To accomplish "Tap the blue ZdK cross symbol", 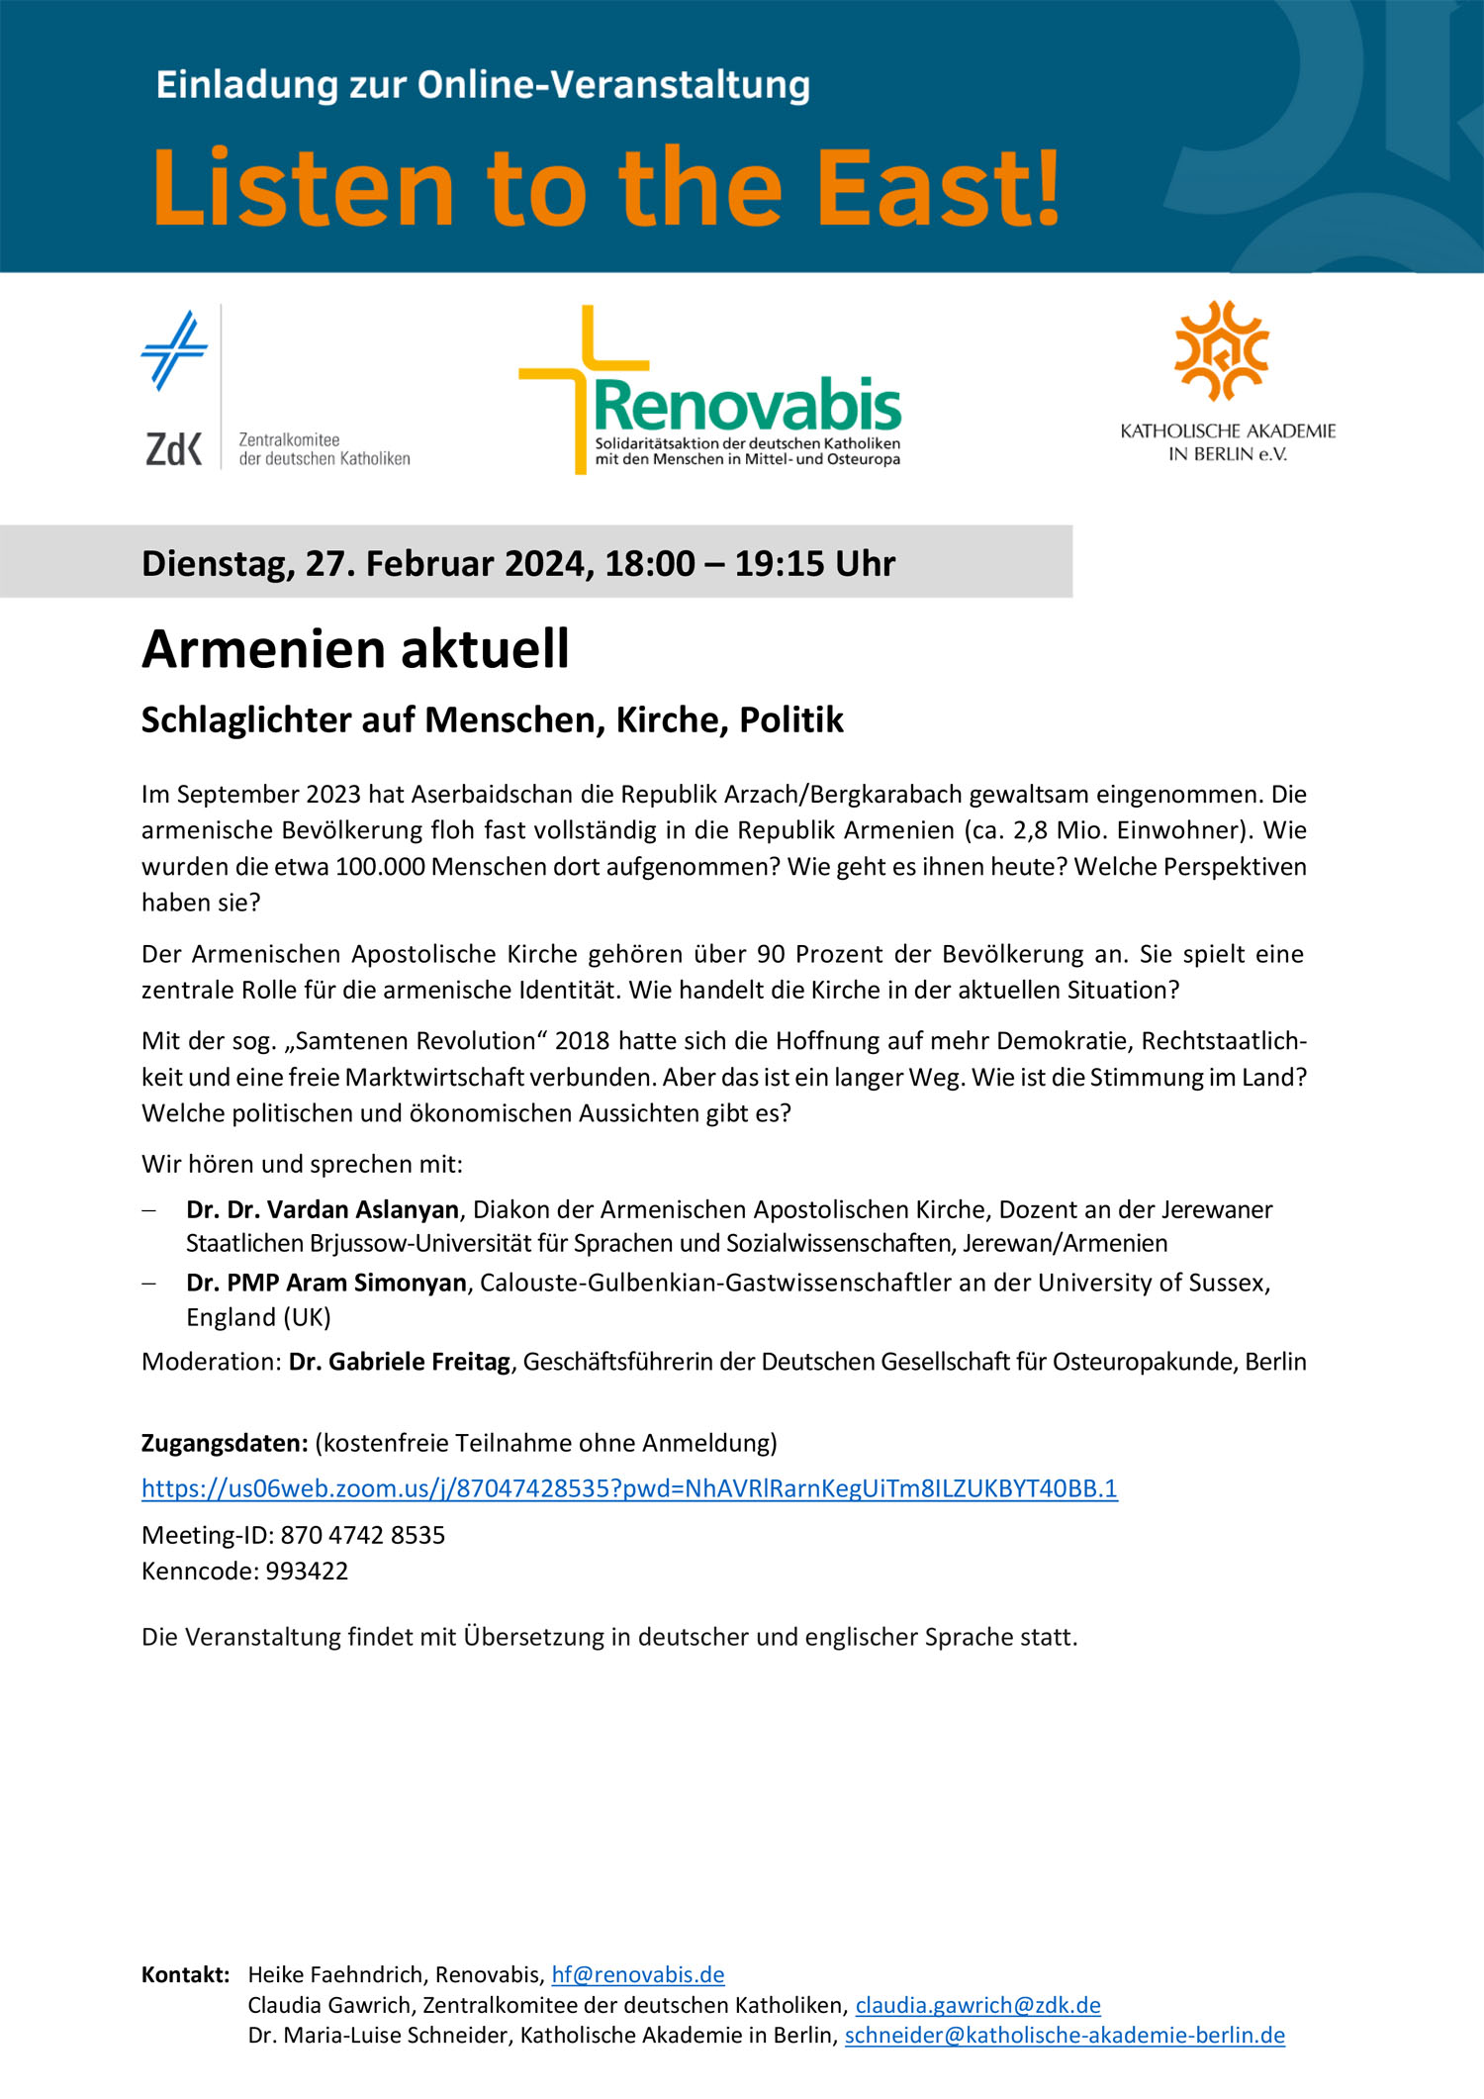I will [175, 349].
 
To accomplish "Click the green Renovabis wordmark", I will [748, 406].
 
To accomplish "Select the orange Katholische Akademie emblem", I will [1222, 350].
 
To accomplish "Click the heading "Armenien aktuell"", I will [355, 650].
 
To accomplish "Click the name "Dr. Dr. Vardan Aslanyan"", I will [323, 1209].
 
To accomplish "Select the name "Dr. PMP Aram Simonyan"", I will [326, 1283].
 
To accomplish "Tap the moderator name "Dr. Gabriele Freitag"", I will [400, 1362].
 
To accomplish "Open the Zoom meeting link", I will [629, 1488].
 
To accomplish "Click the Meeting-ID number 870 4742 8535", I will [363, 1535].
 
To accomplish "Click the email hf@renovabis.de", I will [638, 1974].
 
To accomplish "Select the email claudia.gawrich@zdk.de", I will [977, 2005].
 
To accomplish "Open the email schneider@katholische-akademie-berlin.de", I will [1065, 2035].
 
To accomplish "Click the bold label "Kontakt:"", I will [186, 1974].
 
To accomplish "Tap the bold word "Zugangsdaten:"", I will [225, 1443].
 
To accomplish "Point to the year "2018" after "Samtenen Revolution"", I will [583, 1041].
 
